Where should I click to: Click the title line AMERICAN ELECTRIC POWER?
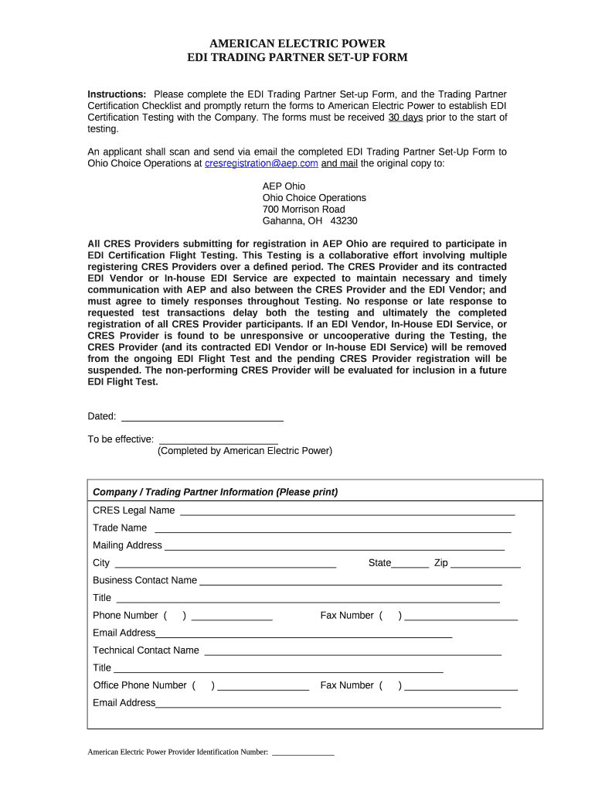(x=297, y=44)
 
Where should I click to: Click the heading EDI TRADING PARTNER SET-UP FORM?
(x=297, y=58)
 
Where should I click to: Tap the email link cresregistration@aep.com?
(x=261, y=163)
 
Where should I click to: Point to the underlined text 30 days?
(x=405, y=118)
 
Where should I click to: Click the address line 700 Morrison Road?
(x=304, y=210)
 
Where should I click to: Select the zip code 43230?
(x=344, y=221)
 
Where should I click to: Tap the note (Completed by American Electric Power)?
(x=245, y=451)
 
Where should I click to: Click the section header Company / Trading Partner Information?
(x=216, y=492)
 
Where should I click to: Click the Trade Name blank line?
(x=332, y=530)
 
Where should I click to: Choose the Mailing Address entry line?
(x=335, y=547)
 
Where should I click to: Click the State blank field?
(x=410, y=565)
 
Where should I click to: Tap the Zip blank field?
(x=485, y=565)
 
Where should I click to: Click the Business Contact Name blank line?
(x=351, y=582)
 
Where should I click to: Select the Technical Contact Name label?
(x=146, y=650)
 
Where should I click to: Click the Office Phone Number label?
(x=140, y=685)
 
